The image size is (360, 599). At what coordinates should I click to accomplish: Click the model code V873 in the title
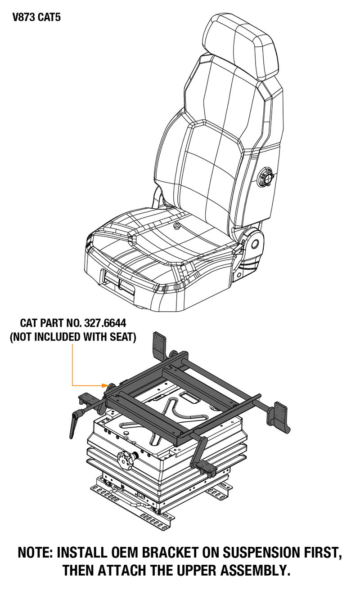(x=23, y=17)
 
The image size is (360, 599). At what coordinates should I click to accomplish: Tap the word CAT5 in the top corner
(x=49, y=17)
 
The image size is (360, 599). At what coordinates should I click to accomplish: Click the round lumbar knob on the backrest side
(x=265, y=177)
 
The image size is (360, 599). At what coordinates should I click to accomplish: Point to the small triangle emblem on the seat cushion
(x=176, y=226)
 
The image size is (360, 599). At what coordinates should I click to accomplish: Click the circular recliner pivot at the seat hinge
(x=254, y=243)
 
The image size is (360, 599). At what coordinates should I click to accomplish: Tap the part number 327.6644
(x=105, y=323)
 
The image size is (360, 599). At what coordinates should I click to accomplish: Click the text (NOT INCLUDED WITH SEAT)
(x=73, y=337)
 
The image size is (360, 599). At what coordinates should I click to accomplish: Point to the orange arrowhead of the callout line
(x=105, y=385)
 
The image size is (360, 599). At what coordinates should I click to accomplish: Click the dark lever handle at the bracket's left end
(x=76, y=423)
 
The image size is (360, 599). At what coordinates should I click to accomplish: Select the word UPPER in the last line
(x=196, y=570)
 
